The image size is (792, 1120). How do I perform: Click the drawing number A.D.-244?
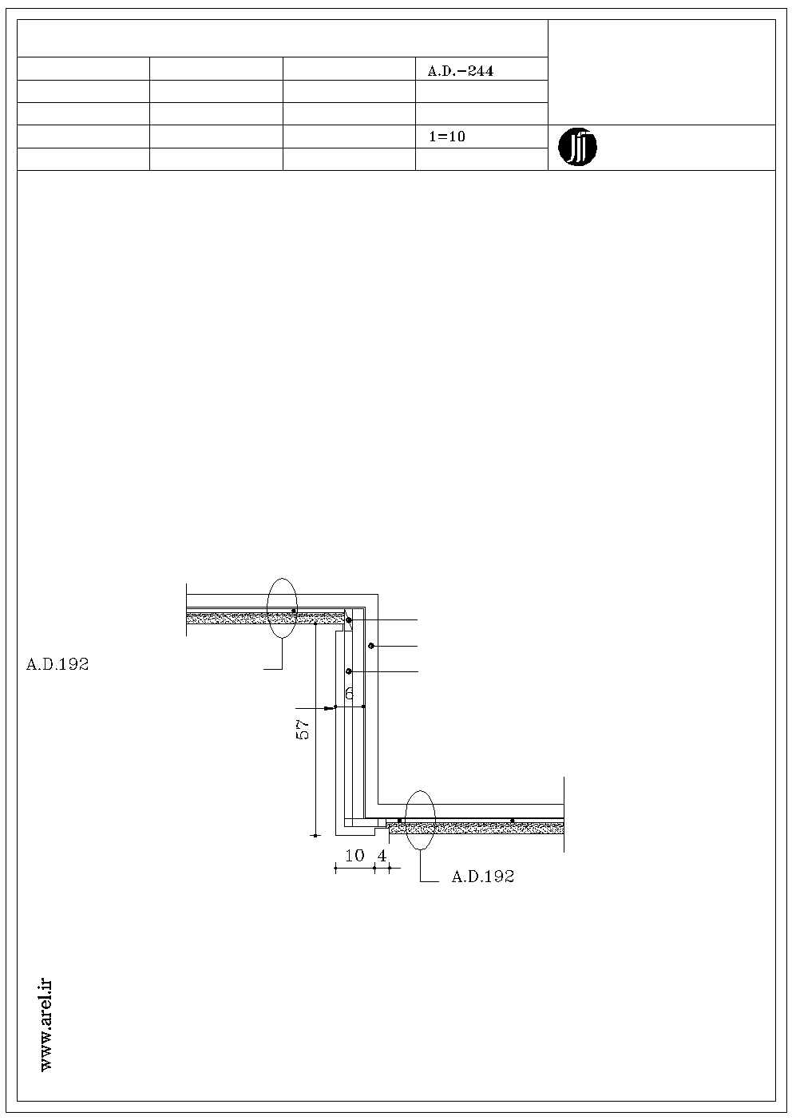click(x=460, y=71)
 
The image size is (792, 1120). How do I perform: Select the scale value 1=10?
click(x=448, y=137)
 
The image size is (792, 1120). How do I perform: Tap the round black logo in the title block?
click(x=577, y=148)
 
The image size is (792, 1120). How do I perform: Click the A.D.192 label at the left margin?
click(x=57, y=664)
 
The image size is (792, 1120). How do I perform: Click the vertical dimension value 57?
click(x=303, y=729)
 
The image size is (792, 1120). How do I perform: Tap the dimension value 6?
click(x=350, y=693)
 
